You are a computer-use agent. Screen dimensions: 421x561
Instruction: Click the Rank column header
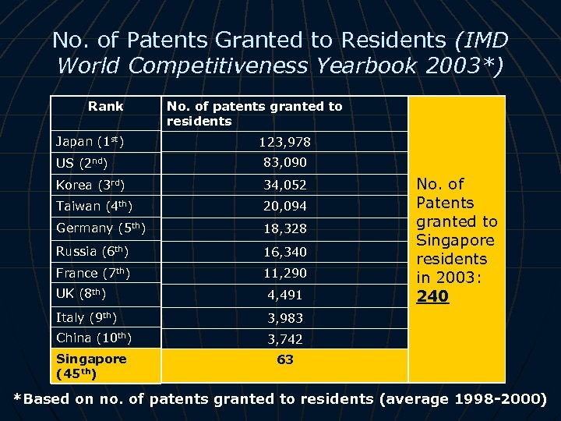pyautogui.click(x=105, y=106)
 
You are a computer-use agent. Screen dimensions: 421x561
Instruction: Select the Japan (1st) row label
pyautogui.click(x=90, y=142)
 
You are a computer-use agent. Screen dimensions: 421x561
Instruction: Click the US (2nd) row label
pyautogui.click(x=81, y=164)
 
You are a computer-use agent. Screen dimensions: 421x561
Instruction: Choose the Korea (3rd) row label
pyautogui.click(x=89, y=186)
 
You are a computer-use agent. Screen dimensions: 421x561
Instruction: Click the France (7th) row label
pyautogui.click(x=92, y=273)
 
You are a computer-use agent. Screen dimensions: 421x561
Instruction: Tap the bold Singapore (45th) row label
pyautogui.click(x=91, y=366)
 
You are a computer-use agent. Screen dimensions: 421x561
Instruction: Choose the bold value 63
pyautogui.click(x=285, y=360)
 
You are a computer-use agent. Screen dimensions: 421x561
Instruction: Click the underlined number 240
pyautogui.click(x=432, y=296)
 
